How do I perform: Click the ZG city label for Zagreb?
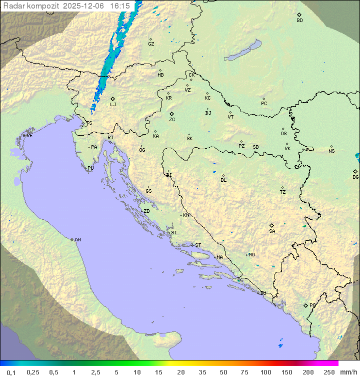click(x=172, y=120)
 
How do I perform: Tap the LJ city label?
click(x=113, y=105)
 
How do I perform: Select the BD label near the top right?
click(x=299, y=21)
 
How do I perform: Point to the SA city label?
click(x=272, y=231)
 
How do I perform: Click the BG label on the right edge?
click(x=355, y=177)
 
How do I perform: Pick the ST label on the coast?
click(x=198, y=245)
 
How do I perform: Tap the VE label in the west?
click(x=29, y=136)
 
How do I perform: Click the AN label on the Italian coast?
click(x=77, y=240)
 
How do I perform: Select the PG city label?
click(x=312, y=305)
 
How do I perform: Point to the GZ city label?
click(x=151, y=44)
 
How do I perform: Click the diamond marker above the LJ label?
click(x=113, y=99)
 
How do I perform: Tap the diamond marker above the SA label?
click(x=272, y=225)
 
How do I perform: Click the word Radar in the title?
click(x=13, y=6)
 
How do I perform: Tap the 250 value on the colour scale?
click(x=329, y=372)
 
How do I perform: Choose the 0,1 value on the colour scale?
click(x=11, y=372)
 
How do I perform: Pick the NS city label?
click(x=331, y=151)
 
